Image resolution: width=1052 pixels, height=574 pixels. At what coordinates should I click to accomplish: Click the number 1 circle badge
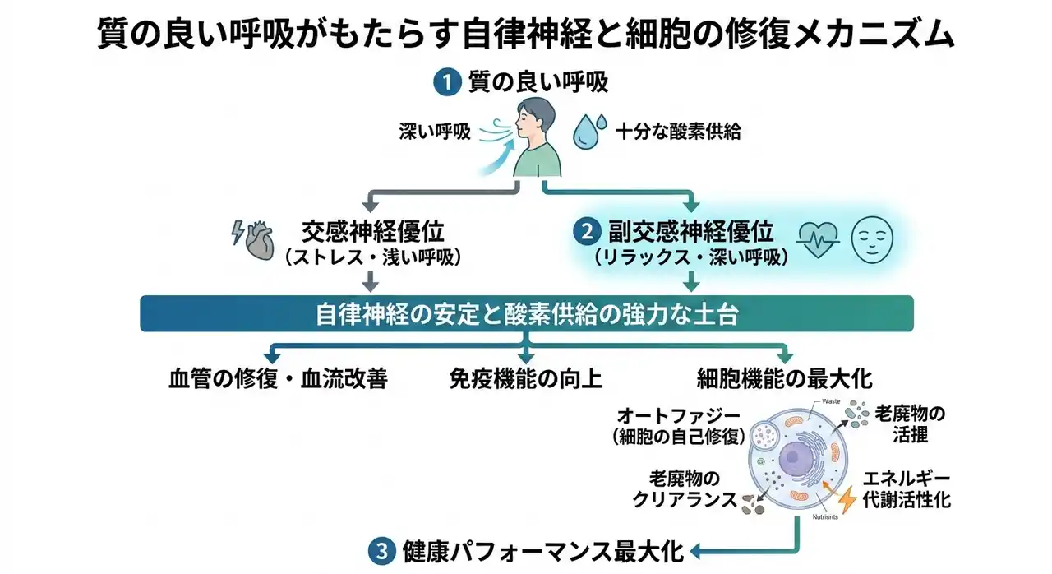pyautogui.click(x=446, y=82)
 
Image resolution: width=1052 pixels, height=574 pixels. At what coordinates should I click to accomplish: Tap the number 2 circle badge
pyautogui.click(x=586, y=232)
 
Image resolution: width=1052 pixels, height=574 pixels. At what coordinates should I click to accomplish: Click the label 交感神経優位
pyautogui.click(x=372, y=231)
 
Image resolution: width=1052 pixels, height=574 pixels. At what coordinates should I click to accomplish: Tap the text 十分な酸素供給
pyautogui.click(x=678, y=131)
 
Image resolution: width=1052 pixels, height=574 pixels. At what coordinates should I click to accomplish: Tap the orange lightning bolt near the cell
pyautogui.click(x=846, y=497)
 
